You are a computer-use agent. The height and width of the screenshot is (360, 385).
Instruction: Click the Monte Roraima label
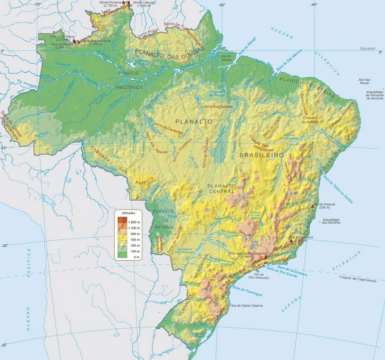coord(111,3)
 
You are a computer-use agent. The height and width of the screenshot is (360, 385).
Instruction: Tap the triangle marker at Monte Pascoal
coord(313,206)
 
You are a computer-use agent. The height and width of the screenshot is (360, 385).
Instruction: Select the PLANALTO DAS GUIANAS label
coord(171,53)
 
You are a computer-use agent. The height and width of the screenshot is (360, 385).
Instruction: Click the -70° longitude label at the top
coord(37,4)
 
